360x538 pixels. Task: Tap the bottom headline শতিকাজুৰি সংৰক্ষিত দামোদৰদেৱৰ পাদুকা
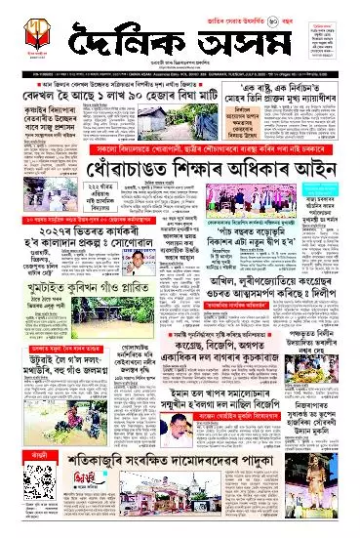181,495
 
